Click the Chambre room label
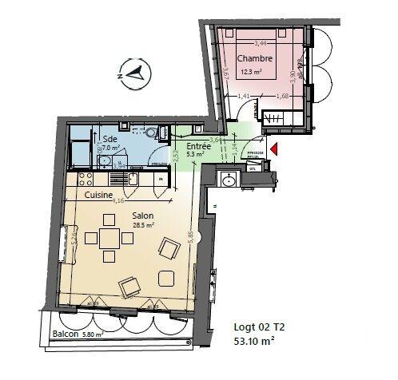257,58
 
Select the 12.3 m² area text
257,72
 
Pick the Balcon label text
66,334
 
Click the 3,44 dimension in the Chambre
260,43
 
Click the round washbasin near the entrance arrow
229,180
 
